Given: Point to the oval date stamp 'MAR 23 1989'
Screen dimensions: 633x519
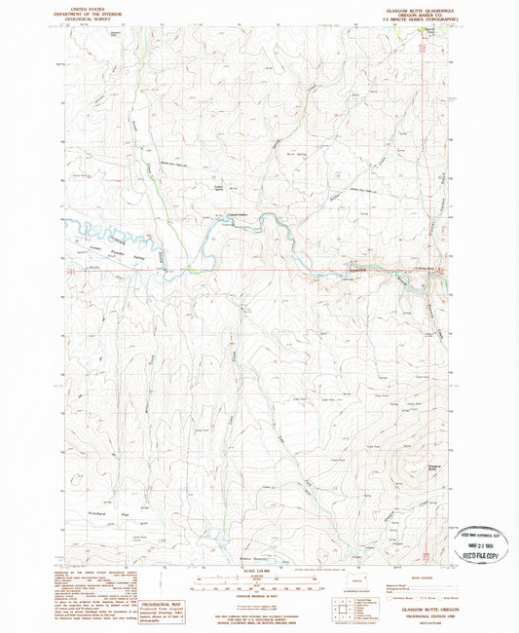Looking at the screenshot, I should pyautogui.click(x=477, y=540).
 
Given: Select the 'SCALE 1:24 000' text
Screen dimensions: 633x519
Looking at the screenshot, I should pyautogui.click(x=259, y=571).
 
